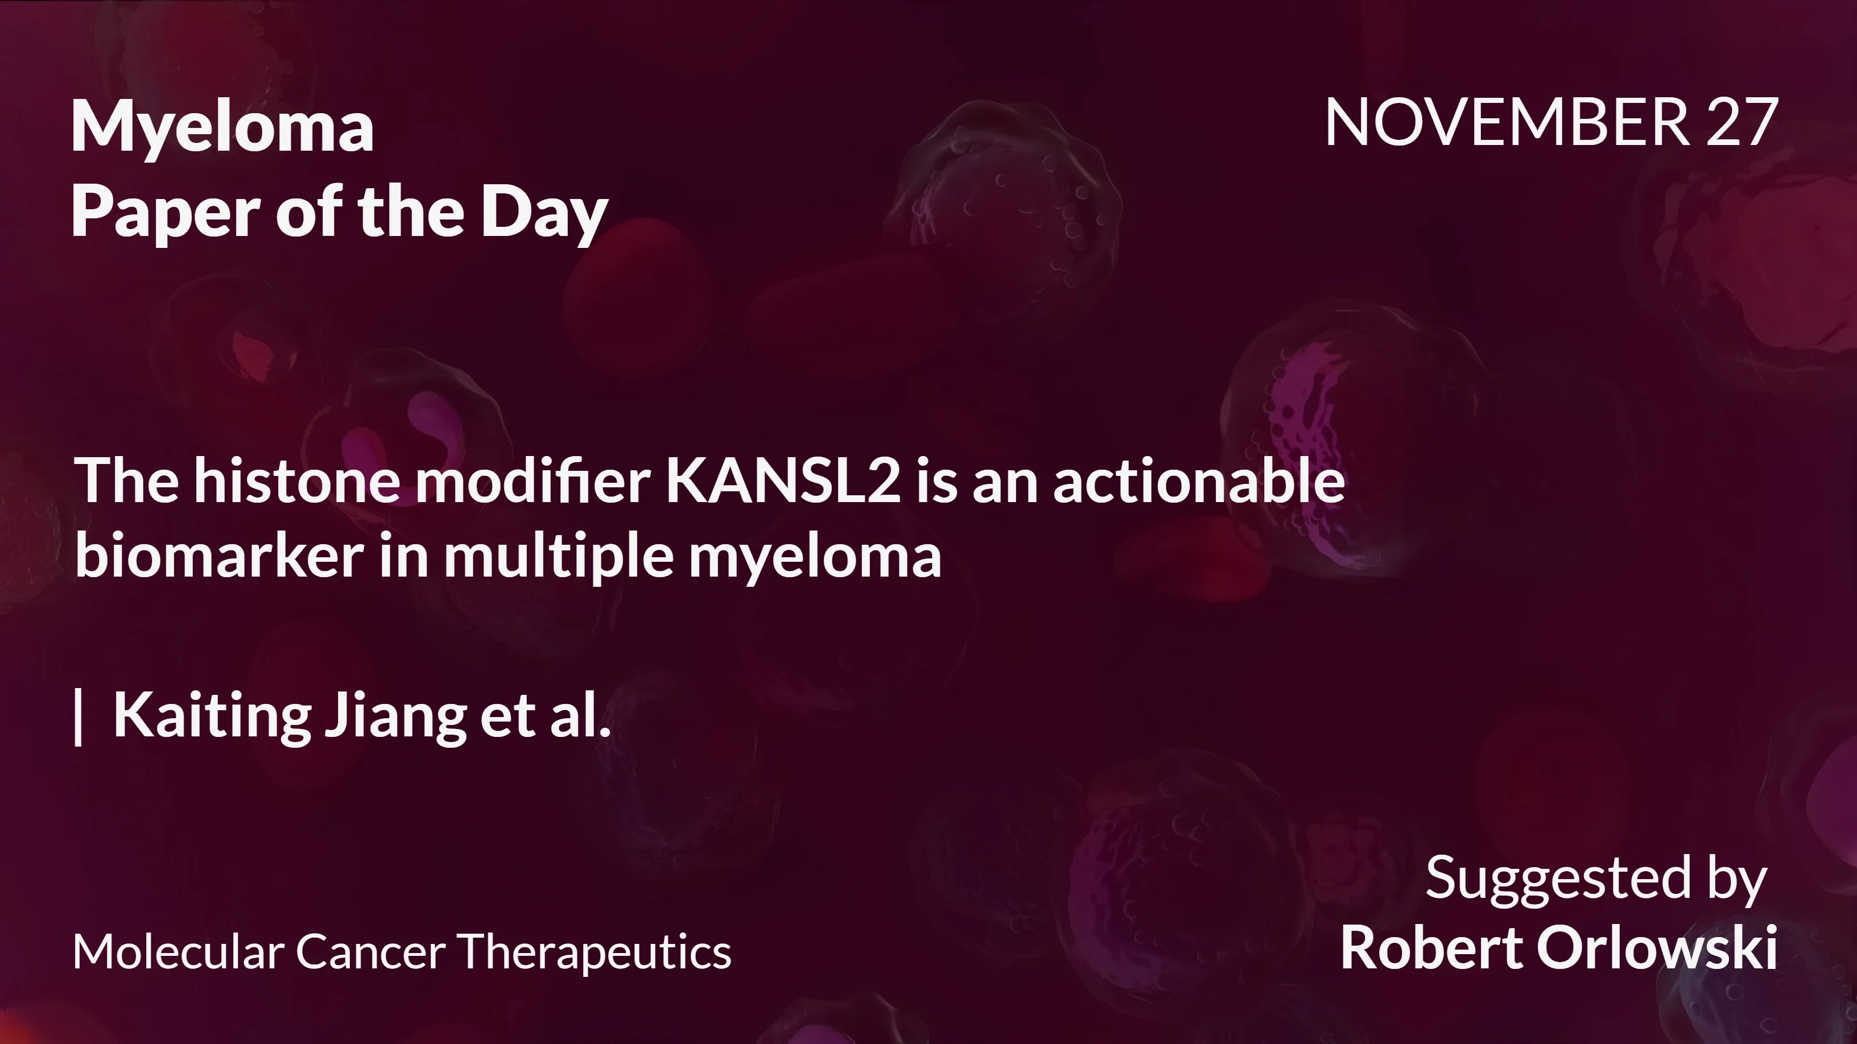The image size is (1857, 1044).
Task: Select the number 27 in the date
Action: [1743, 122]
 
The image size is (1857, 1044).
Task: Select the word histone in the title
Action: [297, 480]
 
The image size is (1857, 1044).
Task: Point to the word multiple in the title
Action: [558, 557]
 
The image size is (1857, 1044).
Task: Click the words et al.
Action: [546, 715]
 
